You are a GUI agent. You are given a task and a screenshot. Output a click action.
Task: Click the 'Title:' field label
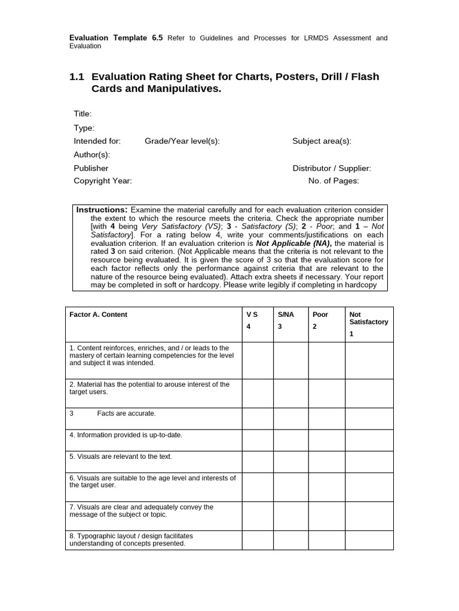[82, 114]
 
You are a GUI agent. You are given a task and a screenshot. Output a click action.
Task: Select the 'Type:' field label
[84, 128]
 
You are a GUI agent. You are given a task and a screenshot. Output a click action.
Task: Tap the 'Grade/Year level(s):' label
[182, 141]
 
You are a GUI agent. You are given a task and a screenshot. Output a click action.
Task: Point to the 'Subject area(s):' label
[322, 141]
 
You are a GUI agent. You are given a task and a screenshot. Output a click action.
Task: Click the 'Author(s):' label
[91, 155]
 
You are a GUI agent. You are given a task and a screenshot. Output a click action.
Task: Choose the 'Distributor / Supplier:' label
[332, 168]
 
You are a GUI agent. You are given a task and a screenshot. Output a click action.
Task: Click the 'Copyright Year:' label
[102, 181]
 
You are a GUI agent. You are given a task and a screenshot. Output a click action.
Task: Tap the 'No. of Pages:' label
[333, 181]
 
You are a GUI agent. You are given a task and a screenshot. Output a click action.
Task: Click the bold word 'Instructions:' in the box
[102, 210]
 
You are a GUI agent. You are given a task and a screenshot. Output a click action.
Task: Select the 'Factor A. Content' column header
[98, 314]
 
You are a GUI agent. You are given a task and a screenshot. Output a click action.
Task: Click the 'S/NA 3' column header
[284, 320]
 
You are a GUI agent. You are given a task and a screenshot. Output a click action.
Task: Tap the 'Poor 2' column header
[320, 320]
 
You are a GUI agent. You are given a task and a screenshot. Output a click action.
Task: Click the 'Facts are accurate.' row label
[126, 413]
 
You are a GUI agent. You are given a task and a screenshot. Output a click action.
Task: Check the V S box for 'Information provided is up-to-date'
[258, 440]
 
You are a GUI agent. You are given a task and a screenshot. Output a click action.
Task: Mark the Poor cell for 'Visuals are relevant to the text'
[326, 462]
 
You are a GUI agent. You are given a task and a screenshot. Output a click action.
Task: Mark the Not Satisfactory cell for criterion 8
[369, 540]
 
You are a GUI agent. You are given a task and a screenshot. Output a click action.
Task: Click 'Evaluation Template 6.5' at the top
[116, 38]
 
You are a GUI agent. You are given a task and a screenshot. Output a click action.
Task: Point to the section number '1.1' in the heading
[77, 77]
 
